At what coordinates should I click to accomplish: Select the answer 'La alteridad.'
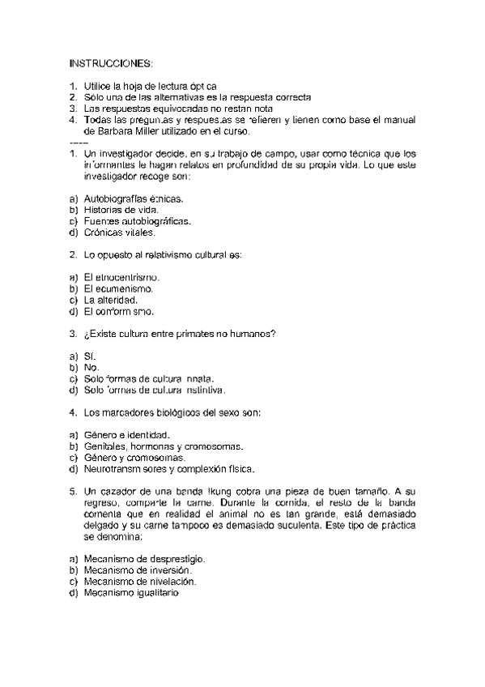tap(117, 300)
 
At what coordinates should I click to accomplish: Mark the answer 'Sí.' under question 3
tap(90, 356)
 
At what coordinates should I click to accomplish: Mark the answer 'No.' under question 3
tap(91, 367)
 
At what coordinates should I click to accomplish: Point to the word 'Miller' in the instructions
tap(150, 130)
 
